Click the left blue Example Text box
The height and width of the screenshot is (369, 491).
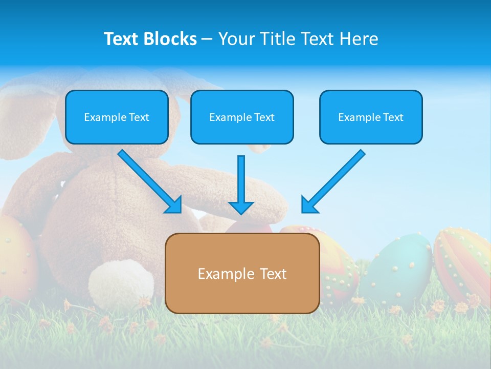pyautogui.click(x=117, y=117)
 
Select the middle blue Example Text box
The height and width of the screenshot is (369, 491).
pyautogui.click(x=242, y=117)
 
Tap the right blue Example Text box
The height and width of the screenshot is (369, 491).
pyautogui.click(x=371, y=117)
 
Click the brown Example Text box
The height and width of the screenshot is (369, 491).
pyautogui.click(x=242, y=273)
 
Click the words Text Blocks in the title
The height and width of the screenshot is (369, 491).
pyautogui.click(x=150, y=39)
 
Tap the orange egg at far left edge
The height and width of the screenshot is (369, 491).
pyautogui.click(x=15, y=256)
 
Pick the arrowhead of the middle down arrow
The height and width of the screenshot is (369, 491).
pyautogui.click(x=241, y=207)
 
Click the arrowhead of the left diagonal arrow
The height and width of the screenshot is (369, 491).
pyautogui.click(x=174, y=205)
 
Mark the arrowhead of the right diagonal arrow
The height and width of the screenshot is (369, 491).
pyautogui.click(x=309, y=205)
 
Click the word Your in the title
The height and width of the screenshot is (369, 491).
pyautogui.click(x=236, y=39)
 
